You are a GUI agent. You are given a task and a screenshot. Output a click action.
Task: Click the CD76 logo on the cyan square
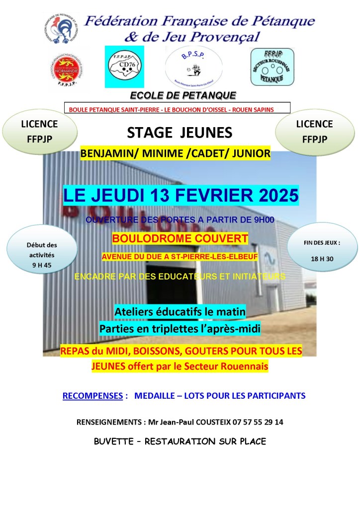124,67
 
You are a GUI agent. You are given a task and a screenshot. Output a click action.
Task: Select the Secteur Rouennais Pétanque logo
272,67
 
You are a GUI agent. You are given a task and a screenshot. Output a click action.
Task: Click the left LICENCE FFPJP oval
39,131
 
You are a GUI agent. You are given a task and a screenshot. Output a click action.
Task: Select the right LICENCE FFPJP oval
314,131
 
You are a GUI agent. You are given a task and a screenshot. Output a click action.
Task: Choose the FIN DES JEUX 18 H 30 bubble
322,251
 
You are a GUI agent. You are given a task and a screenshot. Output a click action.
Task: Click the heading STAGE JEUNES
180,133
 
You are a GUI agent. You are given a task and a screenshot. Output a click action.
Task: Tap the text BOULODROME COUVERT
180,239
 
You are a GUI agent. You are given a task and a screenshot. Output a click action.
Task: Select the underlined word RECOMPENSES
92,396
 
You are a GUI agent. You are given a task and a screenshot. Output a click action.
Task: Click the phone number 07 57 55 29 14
258,422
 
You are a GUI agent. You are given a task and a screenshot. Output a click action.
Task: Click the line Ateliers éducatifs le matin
180,312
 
